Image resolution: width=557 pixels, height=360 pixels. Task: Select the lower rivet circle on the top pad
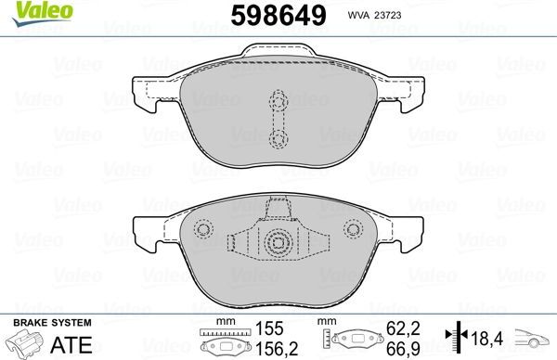(x=277, y=138)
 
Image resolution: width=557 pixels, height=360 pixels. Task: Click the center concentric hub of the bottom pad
(x=277, y=244)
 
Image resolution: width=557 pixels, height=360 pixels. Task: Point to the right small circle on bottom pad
(x=351, y=229)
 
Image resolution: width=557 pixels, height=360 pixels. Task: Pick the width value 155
(x=270, y=328)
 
